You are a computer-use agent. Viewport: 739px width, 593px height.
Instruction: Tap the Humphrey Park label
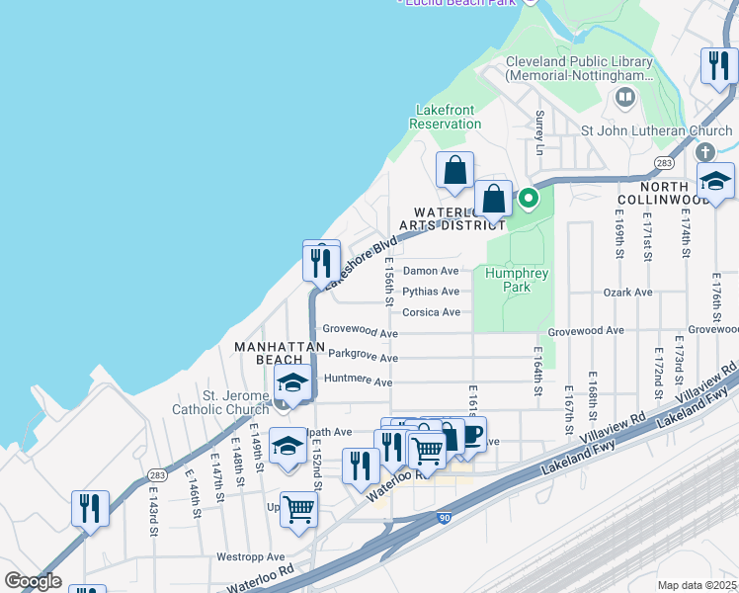(x=508, y=280)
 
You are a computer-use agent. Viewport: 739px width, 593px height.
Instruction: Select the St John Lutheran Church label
(x=656, y=130)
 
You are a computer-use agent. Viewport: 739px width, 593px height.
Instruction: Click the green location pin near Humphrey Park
(x=529, y=198)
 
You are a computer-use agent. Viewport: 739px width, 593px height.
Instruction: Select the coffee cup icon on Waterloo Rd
(x=471, y=434)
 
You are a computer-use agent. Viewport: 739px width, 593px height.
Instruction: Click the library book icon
(x=624, y=97)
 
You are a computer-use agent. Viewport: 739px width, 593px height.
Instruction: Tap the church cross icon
(x=704, y=152)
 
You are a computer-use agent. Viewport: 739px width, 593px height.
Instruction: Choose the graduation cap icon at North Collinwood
(x=715, y=181)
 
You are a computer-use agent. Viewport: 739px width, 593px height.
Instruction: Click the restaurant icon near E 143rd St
(x=90, y=508)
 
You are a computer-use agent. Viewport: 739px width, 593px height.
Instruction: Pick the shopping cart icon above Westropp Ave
(x=298, y=509)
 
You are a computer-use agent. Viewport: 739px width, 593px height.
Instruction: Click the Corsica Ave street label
(x=431, y=312)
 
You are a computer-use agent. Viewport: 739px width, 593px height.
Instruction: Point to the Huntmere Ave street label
(x=358, y=381)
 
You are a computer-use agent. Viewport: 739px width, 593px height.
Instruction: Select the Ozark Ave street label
(x=628, y=293)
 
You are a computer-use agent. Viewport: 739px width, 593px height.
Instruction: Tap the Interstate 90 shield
(x=442, y=518)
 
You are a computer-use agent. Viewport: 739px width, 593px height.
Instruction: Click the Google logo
(x=33, y=581)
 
